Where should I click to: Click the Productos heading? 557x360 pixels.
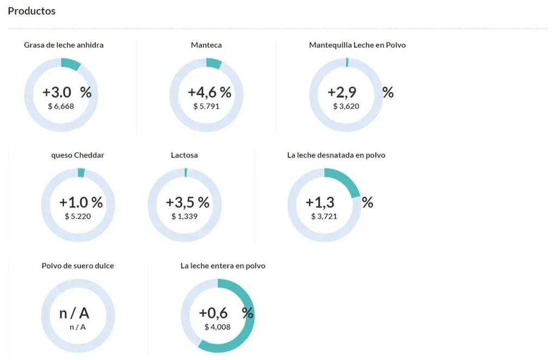pyautogui.click(x=32, y=11)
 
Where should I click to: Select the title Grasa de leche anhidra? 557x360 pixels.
pyautogui.click(x=64, y=45)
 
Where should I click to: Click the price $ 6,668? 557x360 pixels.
pyautogui.click(x=61, y=106)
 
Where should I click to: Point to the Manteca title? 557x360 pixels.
pyautogui.click(x=206, y=45)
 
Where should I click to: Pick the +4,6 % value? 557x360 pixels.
pyautogui.click(x=209, y=92)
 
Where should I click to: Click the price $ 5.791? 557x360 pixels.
pyautogui.click(x=206, y=106)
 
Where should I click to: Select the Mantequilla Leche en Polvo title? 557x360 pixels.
pyautogui.click(x=357, y=45)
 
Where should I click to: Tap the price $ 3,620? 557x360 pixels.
pyautogui.click(x=346, y=106)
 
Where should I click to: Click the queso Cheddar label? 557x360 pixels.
pyautogui.click(x=78, y=155)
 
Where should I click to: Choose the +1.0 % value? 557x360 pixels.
pyautogui.click(x=81, y=203)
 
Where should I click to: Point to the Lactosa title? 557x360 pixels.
pyautogui.click(x=184, y=155)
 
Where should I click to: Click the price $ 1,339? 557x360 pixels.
pyautogui.click(x=184, y=216)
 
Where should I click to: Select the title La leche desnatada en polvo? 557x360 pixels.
pyautogui.click(x=336, y=155)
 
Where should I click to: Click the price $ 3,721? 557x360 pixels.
pyautogui.click(x=324, y=216)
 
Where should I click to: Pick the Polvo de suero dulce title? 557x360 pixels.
pyautogui.click(x=78, y=266)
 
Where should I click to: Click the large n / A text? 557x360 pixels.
pyautogui.click(x=74, y=313)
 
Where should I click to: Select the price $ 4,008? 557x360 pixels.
pyautogui.click(x=218, y=327)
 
